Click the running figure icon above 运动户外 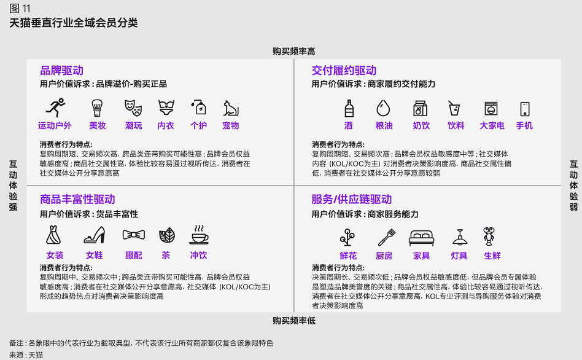pos(55,108)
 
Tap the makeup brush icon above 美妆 pos(97,108)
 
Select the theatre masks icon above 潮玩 pos(133,108)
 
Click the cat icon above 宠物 pos(231,108)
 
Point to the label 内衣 pos(166,125)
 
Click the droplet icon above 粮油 pos(383,108)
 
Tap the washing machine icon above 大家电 pos(491,109)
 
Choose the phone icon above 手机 pos(524,109)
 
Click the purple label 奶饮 pos(421,125)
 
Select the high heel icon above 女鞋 pos(95,235)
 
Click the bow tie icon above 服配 pos(134,235)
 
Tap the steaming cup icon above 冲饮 pos(198,235)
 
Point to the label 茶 pos(166,255)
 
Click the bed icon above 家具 pos(421,238)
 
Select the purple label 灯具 pos(459,256)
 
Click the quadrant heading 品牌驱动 pos(61,70)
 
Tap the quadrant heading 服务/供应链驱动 pos(352,199)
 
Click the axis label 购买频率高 pos(293,51)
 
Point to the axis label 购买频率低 pos(294,321)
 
